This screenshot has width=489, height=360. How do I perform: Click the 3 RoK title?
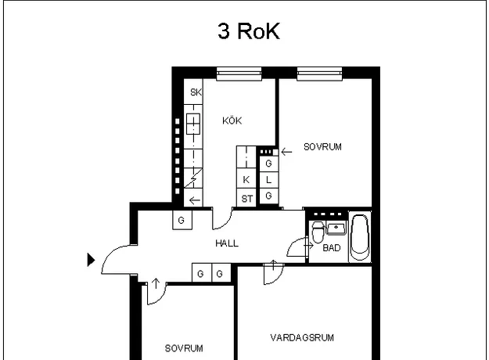coord(249,31)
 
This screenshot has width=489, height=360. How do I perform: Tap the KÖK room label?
coord(232,121)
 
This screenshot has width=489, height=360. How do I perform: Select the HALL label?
coord(227,243)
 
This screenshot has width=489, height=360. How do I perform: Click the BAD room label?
coord(332,248)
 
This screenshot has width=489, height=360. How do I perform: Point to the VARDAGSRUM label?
coord(302,338)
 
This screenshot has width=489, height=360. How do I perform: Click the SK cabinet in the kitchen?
coord(193,92)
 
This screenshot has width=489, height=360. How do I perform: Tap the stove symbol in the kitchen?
coord(193,124)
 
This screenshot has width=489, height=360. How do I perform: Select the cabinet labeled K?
coord(246,178)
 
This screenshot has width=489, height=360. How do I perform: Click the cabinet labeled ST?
coord(246,197)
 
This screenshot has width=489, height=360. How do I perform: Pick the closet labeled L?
coord(269,180)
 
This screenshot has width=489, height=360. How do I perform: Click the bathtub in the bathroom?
coord(360,237)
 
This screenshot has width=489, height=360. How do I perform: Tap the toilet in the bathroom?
coord(318,232)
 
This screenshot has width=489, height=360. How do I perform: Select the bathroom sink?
coord(336,228)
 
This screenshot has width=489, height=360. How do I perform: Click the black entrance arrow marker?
coord(91,260)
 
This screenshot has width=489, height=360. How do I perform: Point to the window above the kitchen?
coord(239,74)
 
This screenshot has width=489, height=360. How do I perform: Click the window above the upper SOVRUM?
coord(320,74)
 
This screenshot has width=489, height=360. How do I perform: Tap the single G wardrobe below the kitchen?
coord(182,220)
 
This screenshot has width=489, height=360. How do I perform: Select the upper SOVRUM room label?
coord(322,147)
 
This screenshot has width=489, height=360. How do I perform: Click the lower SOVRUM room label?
coord(184,348)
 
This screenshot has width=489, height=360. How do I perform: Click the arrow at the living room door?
coord(273,265)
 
